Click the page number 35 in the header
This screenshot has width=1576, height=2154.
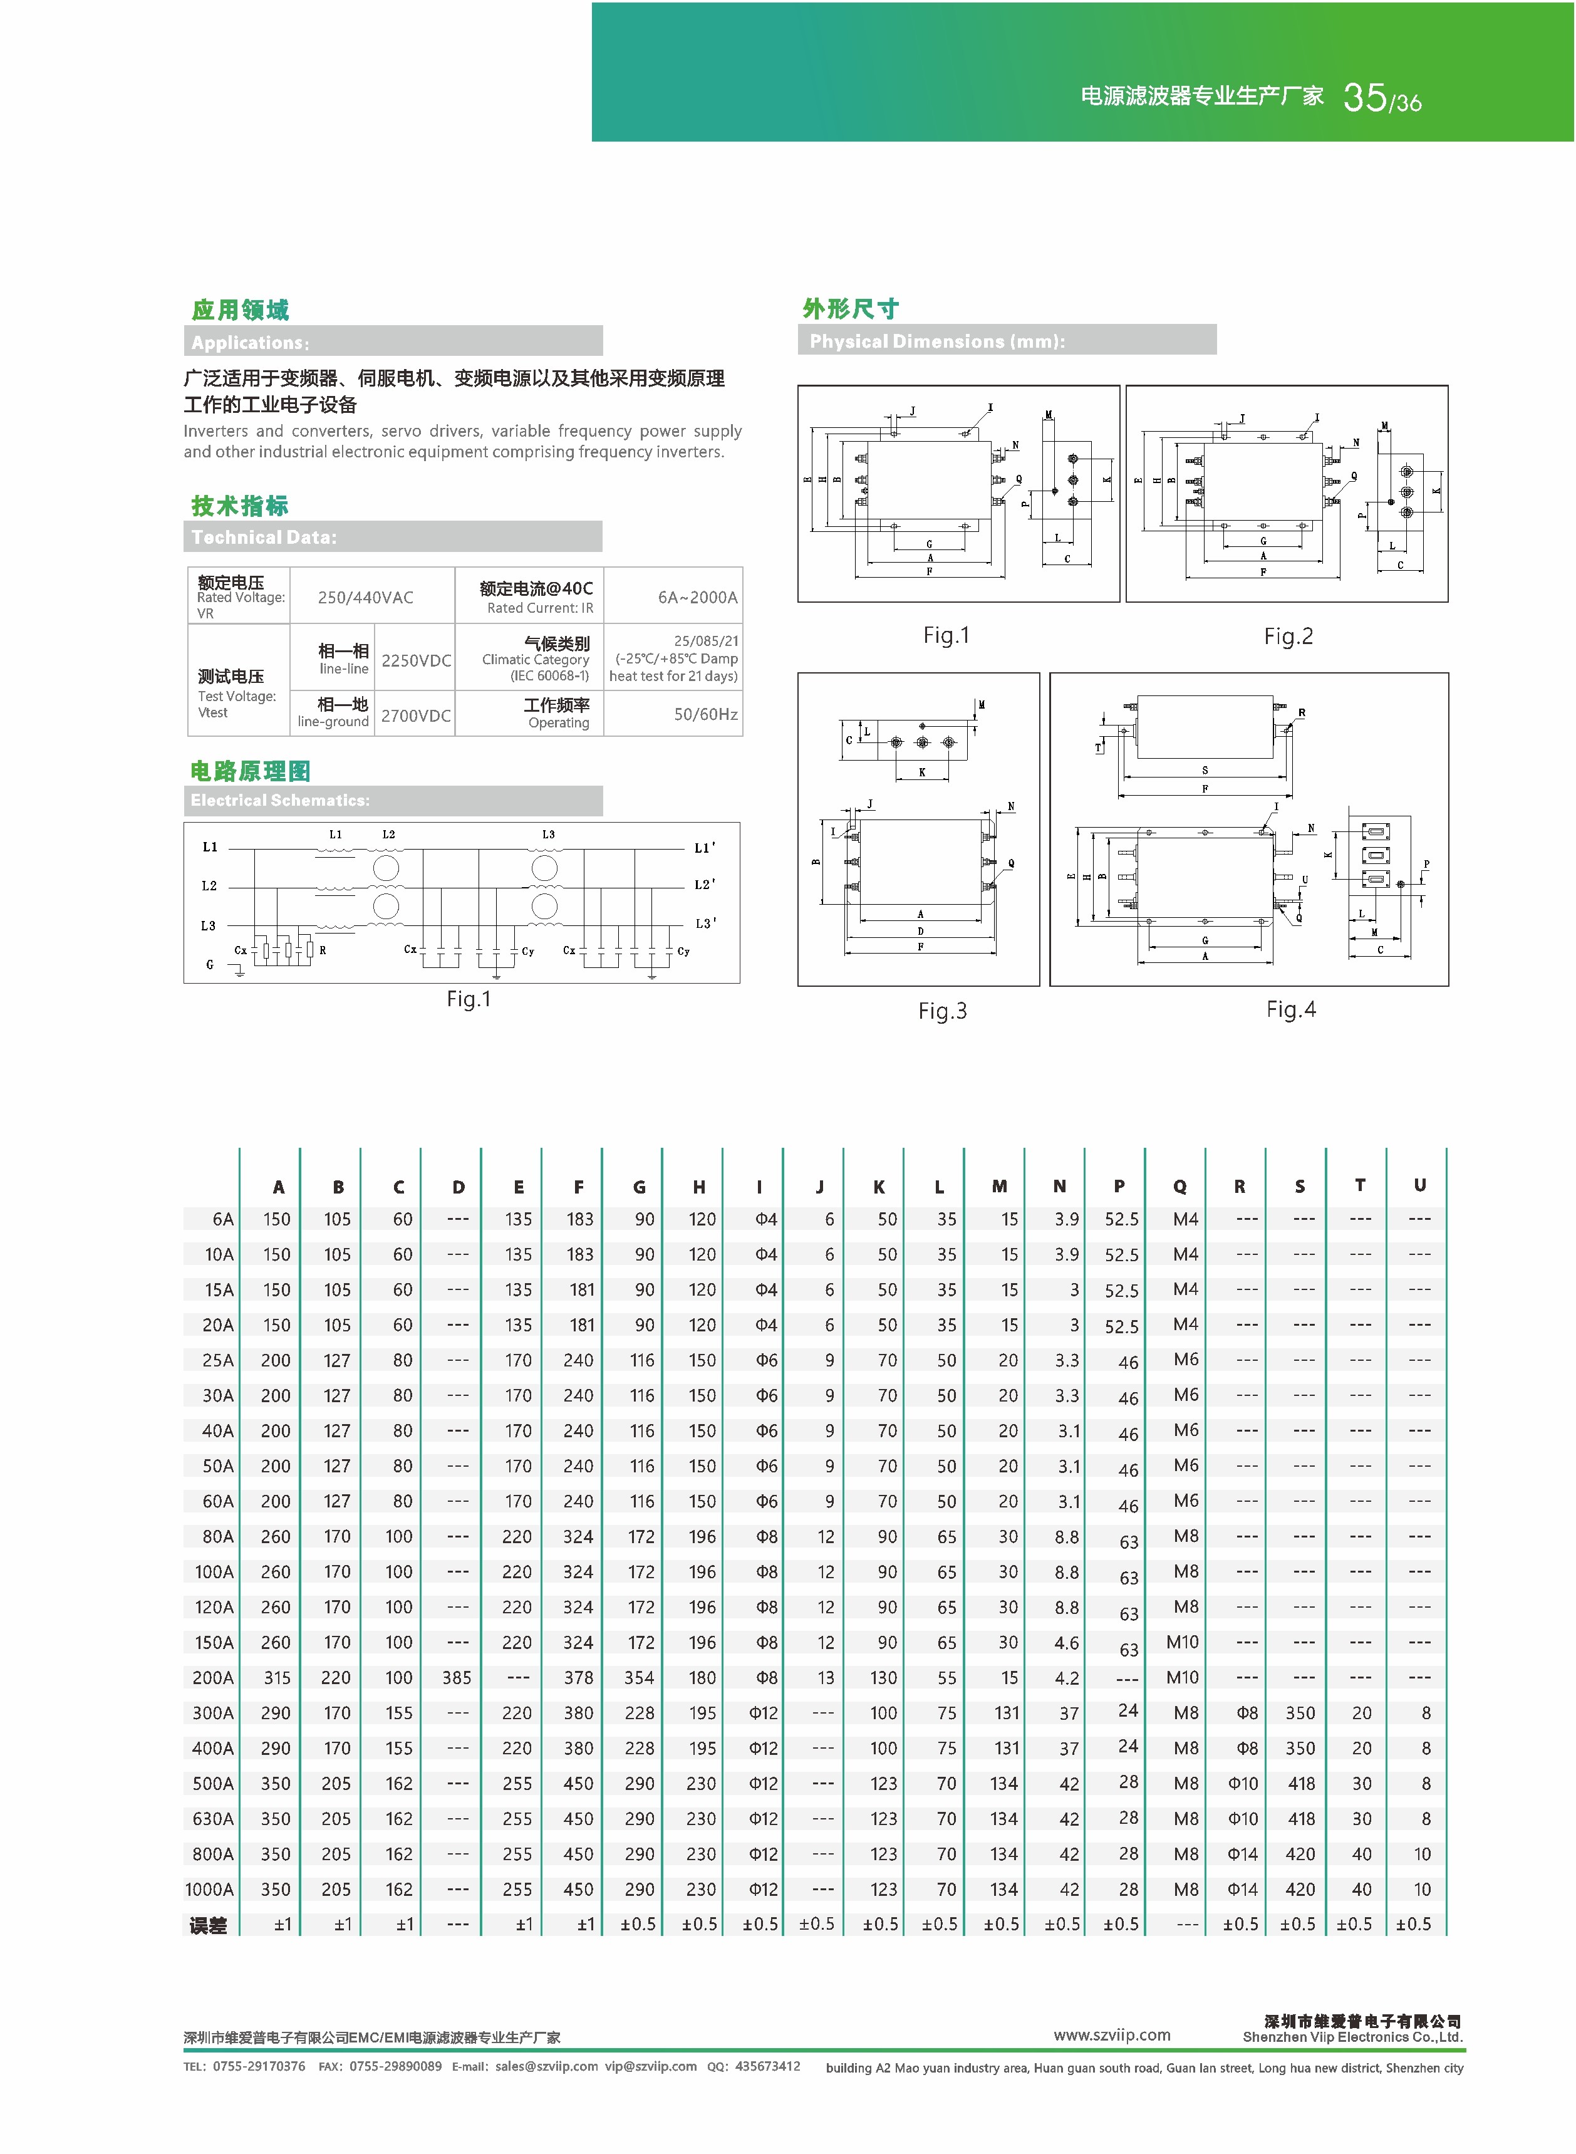tap(1364, 97)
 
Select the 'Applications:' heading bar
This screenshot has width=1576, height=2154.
tap(392, 341)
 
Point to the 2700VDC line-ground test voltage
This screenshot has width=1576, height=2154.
tap(416, 715)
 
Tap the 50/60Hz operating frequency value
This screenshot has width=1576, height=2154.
tap(705, 714)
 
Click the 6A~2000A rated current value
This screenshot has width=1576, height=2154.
tap(697, 597)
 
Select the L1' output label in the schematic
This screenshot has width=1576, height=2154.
tap(704, 847)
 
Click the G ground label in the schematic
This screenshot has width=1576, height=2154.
tap(210, 964)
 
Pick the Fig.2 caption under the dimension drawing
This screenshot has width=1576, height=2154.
tap(1288, 637)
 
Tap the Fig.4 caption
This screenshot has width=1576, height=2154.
tap(1291, 1009)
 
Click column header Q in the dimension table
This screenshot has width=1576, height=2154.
tap(1180, 1187)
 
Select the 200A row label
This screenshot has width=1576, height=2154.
tap(213, 1677)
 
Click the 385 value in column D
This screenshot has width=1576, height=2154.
tap(457, 1677)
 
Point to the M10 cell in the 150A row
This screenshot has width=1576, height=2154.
tap(1182, 1642)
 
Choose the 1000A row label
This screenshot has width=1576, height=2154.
tap(209, 1889)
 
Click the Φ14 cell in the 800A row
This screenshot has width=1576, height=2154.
tap(1242, 1853)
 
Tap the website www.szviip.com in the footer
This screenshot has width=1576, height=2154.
tap(1111, 2035)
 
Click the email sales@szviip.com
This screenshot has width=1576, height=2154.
tap(547, 2066)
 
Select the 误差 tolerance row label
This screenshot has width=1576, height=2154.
tap(208, 1925)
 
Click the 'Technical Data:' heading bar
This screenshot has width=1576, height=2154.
tap(392, 537)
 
